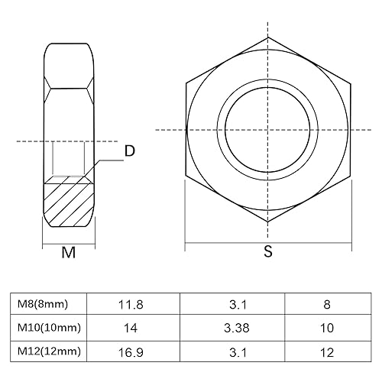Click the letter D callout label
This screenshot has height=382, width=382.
click(129, 151)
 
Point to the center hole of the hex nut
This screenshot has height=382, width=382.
click(267, 129)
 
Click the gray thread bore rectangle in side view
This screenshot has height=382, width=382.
click(69, 159)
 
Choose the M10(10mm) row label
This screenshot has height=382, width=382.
click(47, 328)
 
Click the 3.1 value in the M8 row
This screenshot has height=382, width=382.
click(237, 304)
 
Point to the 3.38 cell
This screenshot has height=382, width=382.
click(237, 328)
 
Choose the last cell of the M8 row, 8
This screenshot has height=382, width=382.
click(327, 304)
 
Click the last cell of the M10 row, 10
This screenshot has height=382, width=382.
click(327, 328)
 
